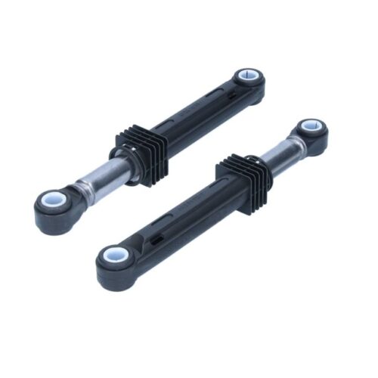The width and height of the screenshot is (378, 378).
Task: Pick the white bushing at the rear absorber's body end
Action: tap(247, 77)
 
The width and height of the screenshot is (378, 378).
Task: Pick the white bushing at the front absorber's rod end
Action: tap(310, 127)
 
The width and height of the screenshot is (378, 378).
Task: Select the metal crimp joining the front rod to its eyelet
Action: tap(296, 144)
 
